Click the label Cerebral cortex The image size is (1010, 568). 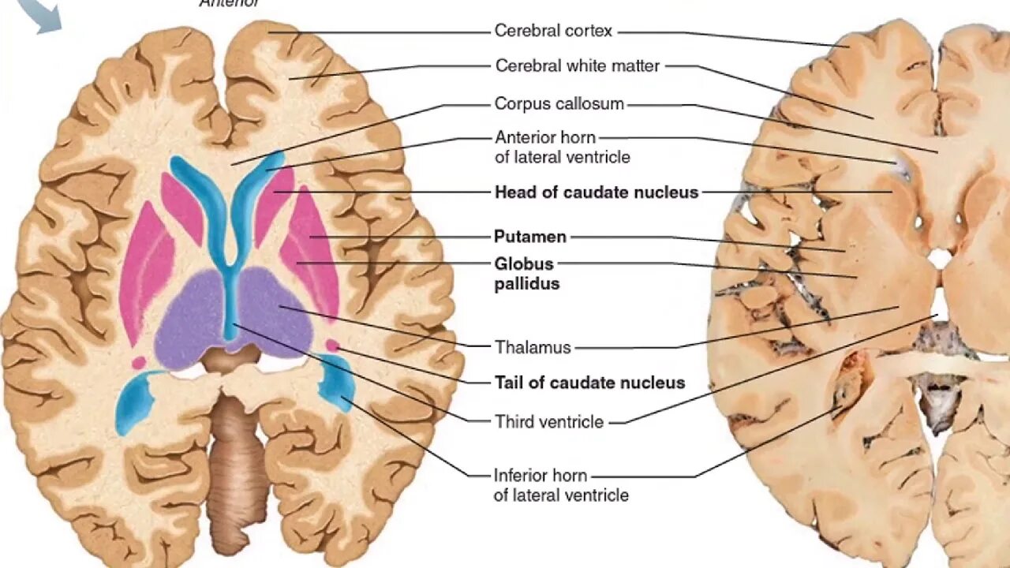coord(553,32)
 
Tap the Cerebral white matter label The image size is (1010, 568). coord(577,66)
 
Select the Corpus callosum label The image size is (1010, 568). coord(559,104)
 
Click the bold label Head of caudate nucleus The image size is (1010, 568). coord(596,192)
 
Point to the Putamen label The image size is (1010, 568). coord(529,237)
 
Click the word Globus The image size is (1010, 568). coord(524,263)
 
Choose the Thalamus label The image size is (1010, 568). coord(533,347)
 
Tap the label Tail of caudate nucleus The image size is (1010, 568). coord(589,383)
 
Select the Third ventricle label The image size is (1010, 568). coord(548,422)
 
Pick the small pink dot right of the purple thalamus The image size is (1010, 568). coord(332,346)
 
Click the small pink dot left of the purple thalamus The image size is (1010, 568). coord(139,362)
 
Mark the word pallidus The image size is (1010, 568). coord(526,284)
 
